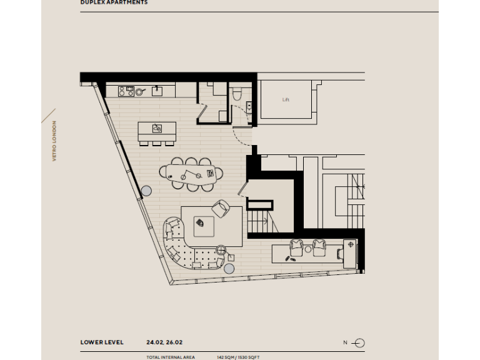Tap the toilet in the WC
coord(236,94)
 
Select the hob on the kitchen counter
coord(126,91)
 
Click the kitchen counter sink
coord(156,91)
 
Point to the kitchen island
coord(157,129)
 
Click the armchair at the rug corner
coord(221,208)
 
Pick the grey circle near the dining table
coord(147,191)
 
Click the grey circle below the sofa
coord(229,269)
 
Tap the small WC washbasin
coord(249,107)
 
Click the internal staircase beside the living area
coord(260,221)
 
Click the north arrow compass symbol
coord(359,342)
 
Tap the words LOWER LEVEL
coord(102,342)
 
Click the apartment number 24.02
coord(154,342)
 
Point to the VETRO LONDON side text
coord(54,141)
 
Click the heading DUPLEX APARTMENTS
coord(114,2)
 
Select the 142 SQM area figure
coord(226,357)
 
